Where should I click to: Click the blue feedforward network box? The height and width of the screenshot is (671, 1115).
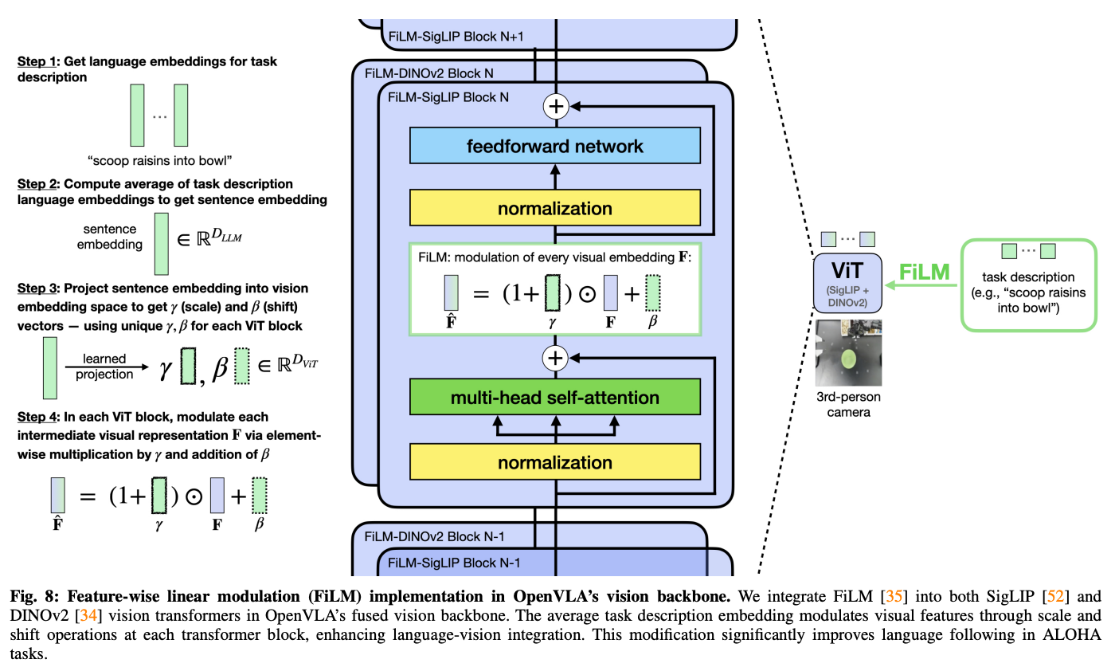coord(554,146)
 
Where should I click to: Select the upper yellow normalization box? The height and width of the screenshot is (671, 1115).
coord(554,208)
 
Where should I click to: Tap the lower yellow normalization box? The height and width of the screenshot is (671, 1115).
coord(554,461)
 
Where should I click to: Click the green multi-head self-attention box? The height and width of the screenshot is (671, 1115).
coord(554,397)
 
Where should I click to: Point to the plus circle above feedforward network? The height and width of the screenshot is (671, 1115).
coord(556,106)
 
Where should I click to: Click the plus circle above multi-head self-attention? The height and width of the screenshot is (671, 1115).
coord(555,358)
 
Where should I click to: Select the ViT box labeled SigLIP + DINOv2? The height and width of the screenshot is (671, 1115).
coord(847,283)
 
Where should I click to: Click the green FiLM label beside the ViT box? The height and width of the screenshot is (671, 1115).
coord(925,272)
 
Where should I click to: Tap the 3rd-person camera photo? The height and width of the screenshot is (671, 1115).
coord(848,353)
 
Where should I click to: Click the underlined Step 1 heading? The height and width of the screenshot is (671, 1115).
coord(37,61)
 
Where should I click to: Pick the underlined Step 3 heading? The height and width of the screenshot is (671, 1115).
coord(37,288)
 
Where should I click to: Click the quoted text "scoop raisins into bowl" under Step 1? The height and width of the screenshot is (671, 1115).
coord(160,161)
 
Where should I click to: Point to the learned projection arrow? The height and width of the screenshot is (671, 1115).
coord(107,367)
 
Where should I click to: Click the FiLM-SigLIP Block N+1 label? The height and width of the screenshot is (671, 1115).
coord(456,37)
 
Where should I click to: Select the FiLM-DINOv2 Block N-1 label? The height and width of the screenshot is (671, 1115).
coord(434,536)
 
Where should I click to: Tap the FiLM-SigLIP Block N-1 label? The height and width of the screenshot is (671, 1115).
coord(454,563)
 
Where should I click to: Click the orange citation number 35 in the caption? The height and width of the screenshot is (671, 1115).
coord(894,596)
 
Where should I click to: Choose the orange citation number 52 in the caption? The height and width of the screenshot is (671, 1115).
coord(1055,596)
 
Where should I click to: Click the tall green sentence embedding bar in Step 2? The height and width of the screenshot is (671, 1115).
coord(161,244)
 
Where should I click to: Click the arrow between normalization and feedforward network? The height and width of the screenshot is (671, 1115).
coord(555,177)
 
